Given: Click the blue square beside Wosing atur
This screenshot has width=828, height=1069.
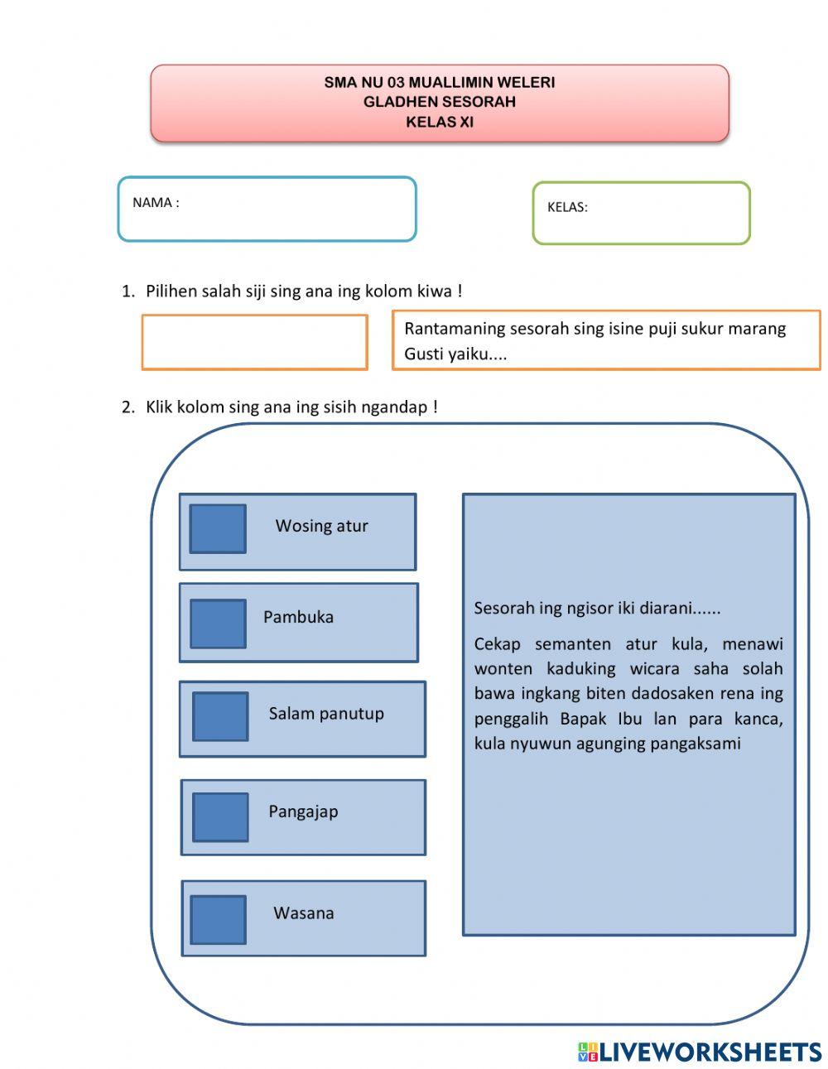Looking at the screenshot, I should [218, 528].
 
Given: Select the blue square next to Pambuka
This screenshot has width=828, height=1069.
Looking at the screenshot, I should [218, 624].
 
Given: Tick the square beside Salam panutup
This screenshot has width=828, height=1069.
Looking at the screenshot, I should [220, 716].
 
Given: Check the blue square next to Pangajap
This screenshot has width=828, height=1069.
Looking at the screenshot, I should [220, 817].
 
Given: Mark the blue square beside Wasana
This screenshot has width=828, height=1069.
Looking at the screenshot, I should [219, 919].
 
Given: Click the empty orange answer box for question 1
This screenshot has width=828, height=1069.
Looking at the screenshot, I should [254, 342].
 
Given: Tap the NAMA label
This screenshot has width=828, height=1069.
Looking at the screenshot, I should [156, 203].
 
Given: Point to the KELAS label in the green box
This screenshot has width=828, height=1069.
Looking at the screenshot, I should [567, 208].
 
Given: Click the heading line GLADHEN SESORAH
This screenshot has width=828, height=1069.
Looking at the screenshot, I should [440, 102].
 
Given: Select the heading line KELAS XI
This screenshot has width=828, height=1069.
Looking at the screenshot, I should [440, 122].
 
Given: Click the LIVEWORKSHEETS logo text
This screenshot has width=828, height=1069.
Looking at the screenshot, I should [710, 1052].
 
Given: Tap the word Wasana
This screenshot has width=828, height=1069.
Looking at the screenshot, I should [304, 913].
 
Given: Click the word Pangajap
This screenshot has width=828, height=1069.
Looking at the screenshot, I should [303, 811].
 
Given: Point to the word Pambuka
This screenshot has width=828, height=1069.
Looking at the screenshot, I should [298, 617].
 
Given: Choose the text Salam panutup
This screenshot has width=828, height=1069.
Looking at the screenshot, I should [326, 714].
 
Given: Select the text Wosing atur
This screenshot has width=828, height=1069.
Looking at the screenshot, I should [321, 526].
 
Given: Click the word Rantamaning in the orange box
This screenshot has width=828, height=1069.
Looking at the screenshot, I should [455, 329].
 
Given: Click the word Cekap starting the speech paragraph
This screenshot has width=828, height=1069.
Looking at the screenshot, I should [497, 644].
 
